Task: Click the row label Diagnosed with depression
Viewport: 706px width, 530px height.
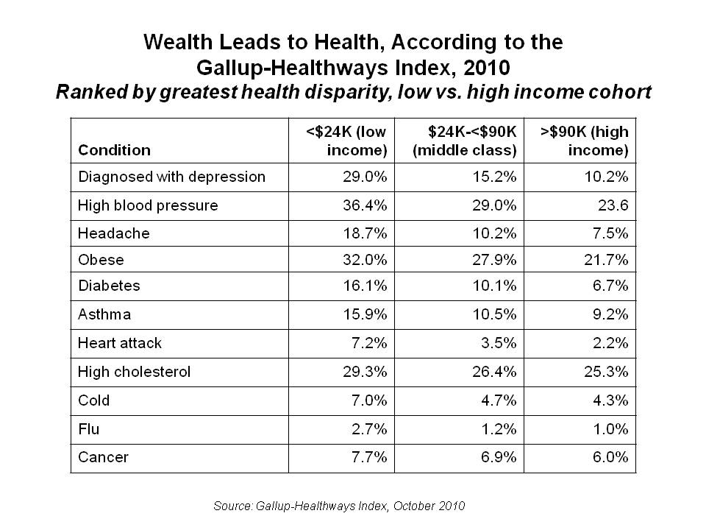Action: click(171, 177)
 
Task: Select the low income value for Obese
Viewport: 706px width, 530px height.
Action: click(366, 260)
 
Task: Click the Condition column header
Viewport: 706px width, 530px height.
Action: click(114, 150)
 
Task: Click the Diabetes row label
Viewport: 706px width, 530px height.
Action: click(109, 285)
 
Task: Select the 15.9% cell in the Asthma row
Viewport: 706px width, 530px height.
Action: click(366, 314)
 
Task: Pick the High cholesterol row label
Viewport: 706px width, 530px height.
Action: click(135, 372)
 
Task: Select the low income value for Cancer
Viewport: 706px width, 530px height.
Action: click(368, 457)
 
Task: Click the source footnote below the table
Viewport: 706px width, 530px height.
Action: click(339, 505)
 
